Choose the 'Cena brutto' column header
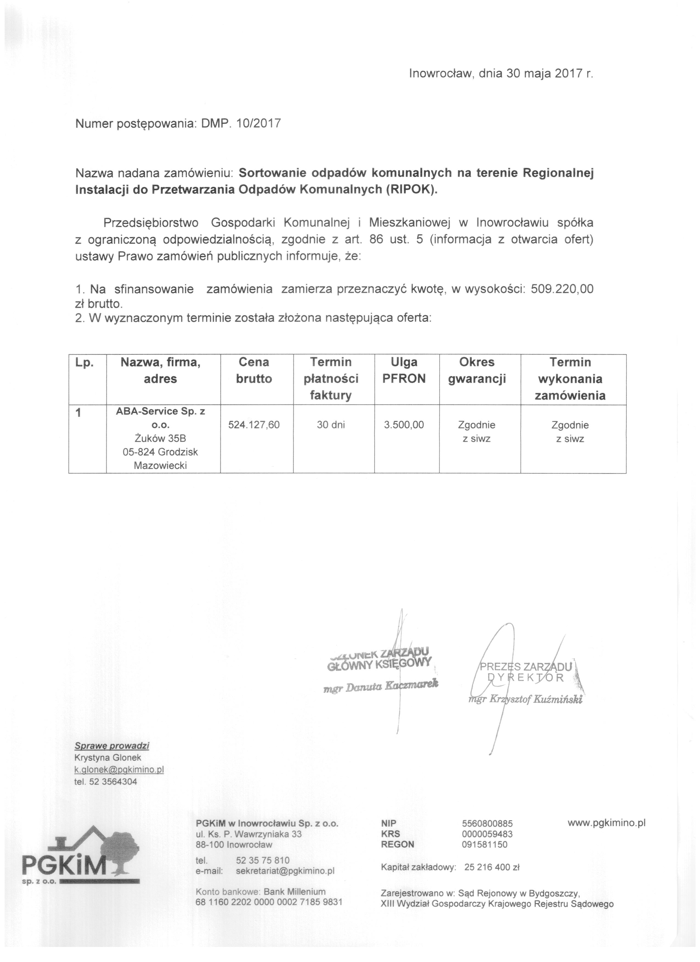point(254,370)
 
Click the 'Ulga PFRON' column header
point(404,370)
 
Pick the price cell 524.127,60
point(254,425)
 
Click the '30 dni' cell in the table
point(331,425)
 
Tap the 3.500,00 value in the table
point(404,425)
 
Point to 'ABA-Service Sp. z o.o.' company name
point(160,418)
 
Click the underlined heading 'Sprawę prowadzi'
point(112,746)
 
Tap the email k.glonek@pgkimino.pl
point(119,769)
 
